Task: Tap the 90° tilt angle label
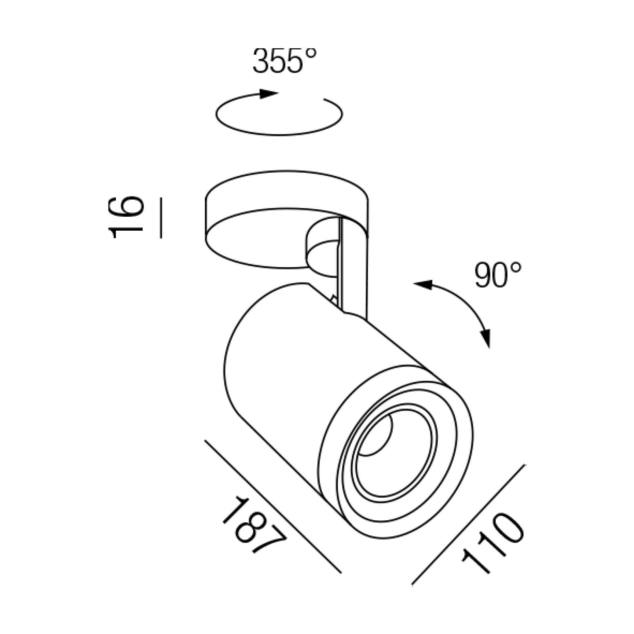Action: [x=498, y=275]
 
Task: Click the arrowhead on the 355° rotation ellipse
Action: [x=269, y=94]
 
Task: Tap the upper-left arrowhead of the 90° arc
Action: [x=423, y=284]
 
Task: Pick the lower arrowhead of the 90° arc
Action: [x=486, y=338]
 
